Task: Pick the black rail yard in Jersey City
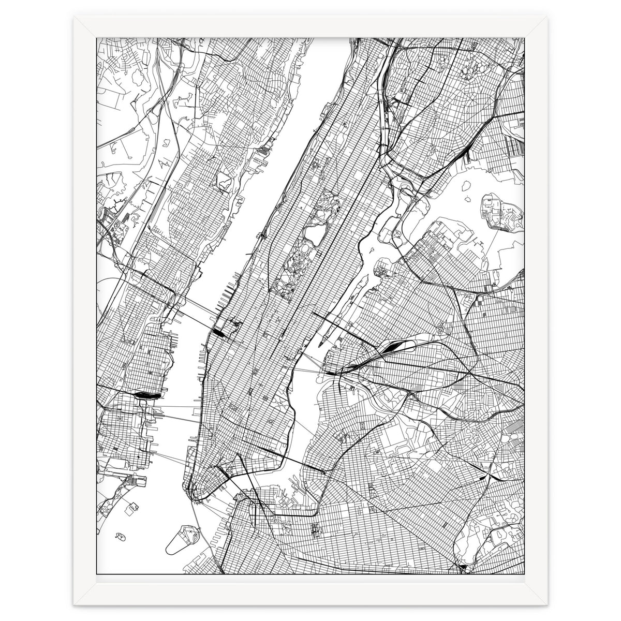(146, 395)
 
